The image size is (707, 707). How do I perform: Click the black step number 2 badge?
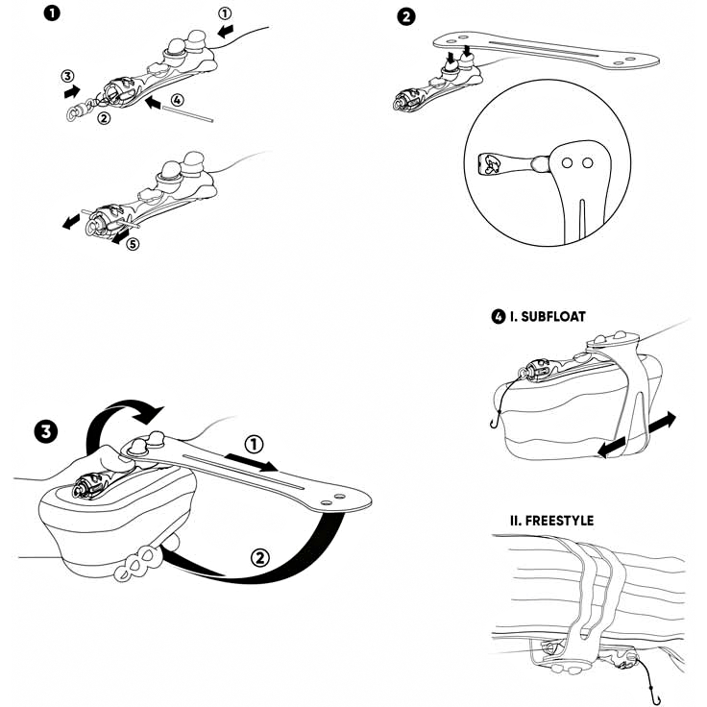[409, 16]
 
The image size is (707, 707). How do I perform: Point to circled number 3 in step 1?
[66, 76]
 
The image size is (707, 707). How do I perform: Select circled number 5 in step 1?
[133, 244]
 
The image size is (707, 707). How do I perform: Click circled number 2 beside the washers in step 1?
[103, 118]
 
